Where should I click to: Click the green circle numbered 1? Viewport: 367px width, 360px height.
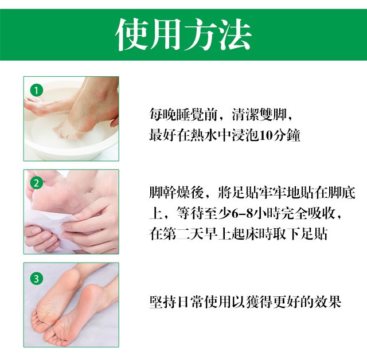37,91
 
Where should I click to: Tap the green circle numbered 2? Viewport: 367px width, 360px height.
37,183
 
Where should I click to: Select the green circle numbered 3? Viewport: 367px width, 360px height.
37,279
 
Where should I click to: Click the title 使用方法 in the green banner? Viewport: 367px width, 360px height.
183,34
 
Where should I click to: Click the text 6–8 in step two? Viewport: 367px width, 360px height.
243,213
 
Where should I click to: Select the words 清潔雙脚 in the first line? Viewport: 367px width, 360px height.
259,115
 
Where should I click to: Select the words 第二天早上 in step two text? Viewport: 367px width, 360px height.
190,234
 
